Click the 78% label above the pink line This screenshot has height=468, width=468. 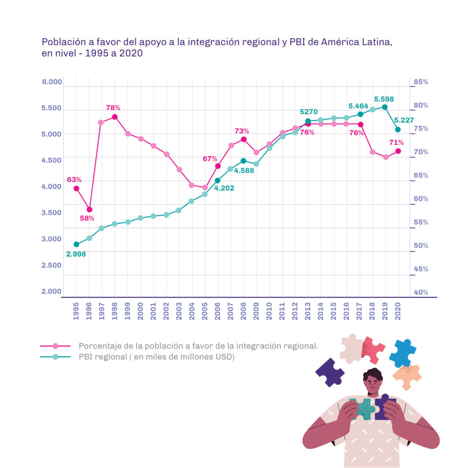pyautogui.click(x=113, y=108)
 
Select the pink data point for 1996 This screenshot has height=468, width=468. pyautogui.click(x=89, y=210)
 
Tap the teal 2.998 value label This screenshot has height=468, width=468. pyautogui.click(x=76, y=254)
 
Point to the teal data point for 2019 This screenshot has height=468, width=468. pyautogui.click(x=385, y=107)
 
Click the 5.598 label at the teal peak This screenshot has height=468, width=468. pyautogui.click(x=384, y=99)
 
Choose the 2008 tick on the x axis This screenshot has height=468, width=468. pyautogui.click(x=244, y=310)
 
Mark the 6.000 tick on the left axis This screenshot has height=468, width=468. pyautogui.click(x=52, y=82)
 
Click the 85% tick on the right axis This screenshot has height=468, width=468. pyautogui.click(x=420, y=82)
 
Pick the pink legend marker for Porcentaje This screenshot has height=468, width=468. pyautogui.click(x=55, y=346)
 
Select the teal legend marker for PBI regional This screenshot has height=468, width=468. pyautogui.click(x=55, y=357)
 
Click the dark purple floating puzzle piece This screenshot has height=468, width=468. pyautogui.click(x=330, y=372)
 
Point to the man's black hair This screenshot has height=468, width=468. pyautogui.click(x=373, y=375)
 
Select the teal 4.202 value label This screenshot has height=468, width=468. pyautogui.click(x=224, y=187)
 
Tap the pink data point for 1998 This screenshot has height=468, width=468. pyautogui.click(x=115, y=117)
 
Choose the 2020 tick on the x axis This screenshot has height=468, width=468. pyautogui.click(x=398, y=310)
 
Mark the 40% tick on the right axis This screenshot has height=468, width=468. pyautogui.click(x=420, y=292)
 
